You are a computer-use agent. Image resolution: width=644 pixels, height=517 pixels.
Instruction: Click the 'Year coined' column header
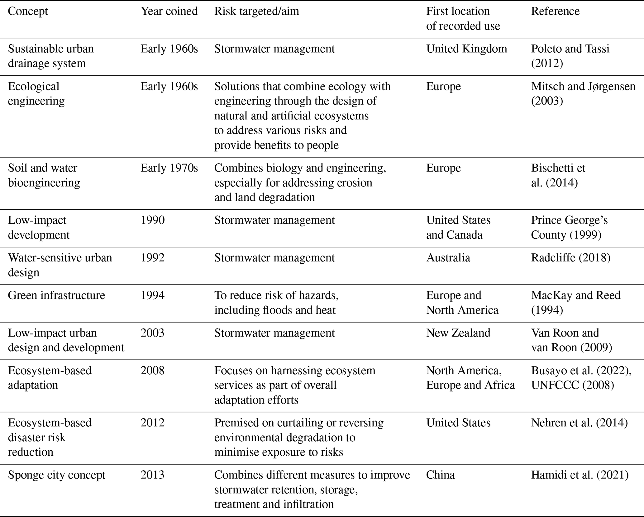pyautogui.click(x=169, y=11)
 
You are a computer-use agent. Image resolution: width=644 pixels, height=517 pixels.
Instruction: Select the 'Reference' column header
pyautogui.click(x=555, y=11)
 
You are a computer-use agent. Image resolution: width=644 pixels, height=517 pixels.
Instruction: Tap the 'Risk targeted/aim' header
pyautogui.click(x=256, y=11)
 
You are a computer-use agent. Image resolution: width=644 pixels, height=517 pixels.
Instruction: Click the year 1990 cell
pyautogui.click(x=153, y=220)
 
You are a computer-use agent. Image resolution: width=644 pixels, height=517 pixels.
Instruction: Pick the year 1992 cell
pyautogui.click(x=153, y=258)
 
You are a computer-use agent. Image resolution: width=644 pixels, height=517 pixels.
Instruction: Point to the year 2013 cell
pyautogui.click(x=153, y=475)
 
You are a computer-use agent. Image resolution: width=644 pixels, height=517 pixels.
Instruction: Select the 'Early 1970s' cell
pyautogui.click(x=169, y=168)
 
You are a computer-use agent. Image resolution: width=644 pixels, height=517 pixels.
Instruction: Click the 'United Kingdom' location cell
pyautogui.click(x=466, y=49)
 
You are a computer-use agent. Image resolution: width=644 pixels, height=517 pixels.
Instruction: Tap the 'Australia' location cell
pyautogui.click(x=448, y=258)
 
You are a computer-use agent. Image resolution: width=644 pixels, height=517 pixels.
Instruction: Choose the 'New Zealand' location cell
pyautogui.click(x=458, y=333)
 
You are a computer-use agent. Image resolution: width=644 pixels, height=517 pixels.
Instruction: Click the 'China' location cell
pyautogui.click(x=440, y=475)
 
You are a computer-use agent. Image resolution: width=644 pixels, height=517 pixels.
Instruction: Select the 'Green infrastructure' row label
pyautogui.click(x=56, y=295)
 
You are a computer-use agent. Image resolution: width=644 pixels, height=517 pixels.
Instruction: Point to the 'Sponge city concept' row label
pyautogui.click(x=56, y=475)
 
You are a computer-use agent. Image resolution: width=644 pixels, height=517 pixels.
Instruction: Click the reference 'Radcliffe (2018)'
pyautogui.click(x=570, y=258)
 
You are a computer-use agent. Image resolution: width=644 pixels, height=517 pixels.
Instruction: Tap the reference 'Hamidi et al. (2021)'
pyautogui.click(x=580, y=475)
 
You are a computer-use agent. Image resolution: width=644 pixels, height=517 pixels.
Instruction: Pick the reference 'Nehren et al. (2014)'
pyautogui.click(x=579, y=423)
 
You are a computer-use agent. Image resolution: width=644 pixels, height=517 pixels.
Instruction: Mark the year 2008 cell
pyautogui.click(x=153, y=371)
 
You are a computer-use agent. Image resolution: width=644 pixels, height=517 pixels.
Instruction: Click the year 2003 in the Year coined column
pyautogui.click(x=153, y=333)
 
